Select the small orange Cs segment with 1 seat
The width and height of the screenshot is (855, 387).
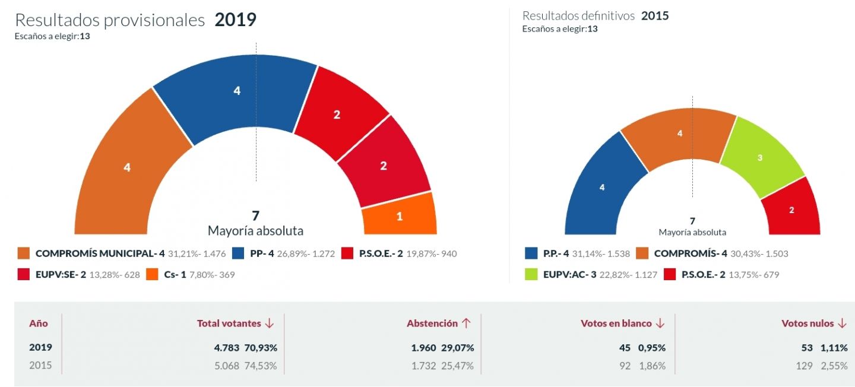pyautogui.click(x=399, y=215)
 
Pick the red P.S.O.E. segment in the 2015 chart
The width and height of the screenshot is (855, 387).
pyautogui.click(x=791, y=209)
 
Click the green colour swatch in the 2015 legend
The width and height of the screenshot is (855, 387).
pyautogui.click(x=532, y=274)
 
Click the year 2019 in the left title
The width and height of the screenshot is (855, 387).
pyautogui.click(x=235, y=20)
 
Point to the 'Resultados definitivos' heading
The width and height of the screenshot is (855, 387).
pyautogui.click(x=578, y=16)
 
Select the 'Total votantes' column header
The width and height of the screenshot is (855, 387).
pyautogui.click(x=229, y=323)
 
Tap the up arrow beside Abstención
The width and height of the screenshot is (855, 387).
pyautogui.click(x=466, y=323)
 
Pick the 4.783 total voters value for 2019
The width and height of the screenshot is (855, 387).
pyautogui.click(x=226, y=347)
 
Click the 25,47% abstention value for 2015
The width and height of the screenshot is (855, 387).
pyautogui.click(x=457, y=366)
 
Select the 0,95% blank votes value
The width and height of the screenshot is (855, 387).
pyautogui.click(x=651, y=347)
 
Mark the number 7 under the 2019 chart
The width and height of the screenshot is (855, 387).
pyautogui.click(x=255, y=216)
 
